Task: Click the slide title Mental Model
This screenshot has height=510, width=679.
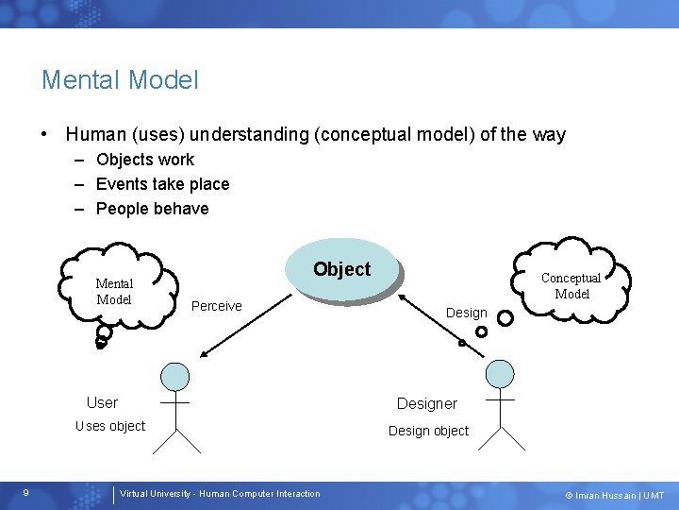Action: (x=120, y=80)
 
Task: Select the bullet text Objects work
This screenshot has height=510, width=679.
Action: (x=144, y=160)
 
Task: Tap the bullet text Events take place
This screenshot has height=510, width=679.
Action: (x=162, y=184)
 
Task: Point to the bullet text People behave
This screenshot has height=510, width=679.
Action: (x=152, y=209)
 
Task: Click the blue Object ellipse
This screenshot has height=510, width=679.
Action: (x=343, y=270)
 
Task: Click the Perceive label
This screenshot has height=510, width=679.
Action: (x=216, y=306)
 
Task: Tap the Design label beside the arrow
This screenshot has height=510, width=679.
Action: (x=466, y=313)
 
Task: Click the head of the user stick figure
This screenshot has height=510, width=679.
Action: (x=174, y=377)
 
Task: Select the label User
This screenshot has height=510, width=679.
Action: (x=102, y=403)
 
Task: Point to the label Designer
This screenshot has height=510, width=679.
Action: (x=426, y=404)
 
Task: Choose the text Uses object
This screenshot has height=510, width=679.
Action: (x=110, y=426)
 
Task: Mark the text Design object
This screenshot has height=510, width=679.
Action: (x=428, y=431)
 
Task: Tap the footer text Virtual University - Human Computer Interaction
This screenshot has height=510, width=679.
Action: (x=220, y=494)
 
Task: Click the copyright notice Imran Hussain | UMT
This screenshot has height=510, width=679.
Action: (x=614, y=495)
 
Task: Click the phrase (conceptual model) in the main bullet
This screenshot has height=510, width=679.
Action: (x=395, y=135)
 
